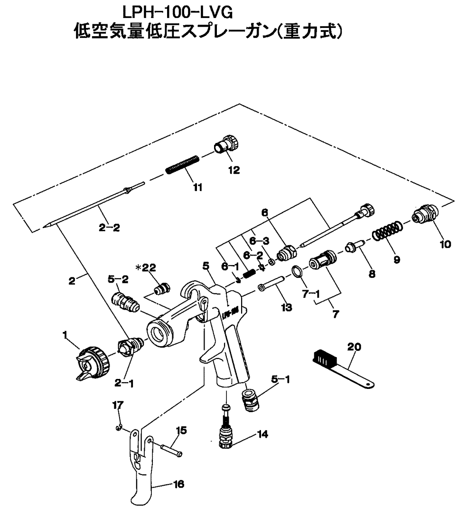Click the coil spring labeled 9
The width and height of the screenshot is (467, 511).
pyautogui.click(x=386, y=233)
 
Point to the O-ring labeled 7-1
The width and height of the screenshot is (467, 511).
pyautogui.click(x=295, y=272)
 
